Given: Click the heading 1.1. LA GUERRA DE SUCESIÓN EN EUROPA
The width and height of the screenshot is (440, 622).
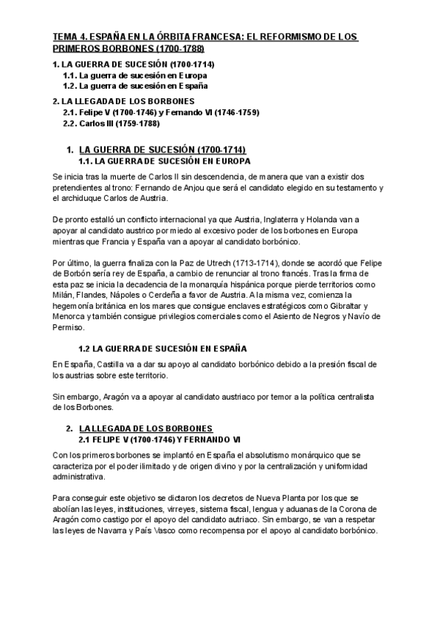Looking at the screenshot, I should coord(164,161).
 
